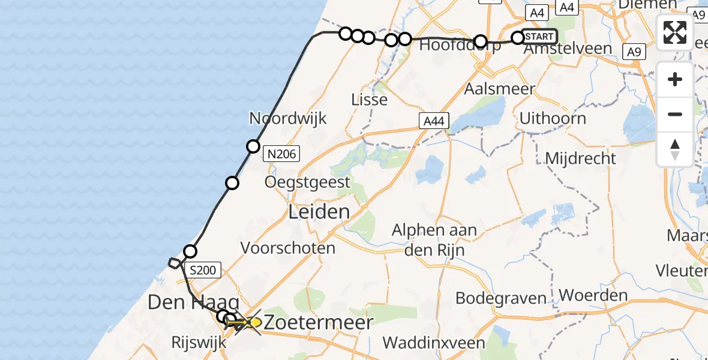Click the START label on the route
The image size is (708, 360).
(539, 37)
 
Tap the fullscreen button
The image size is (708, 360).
(675, 32)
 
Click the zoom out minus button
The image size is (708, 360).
(675, 114)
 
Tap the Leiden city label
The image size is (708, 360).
(319, 211)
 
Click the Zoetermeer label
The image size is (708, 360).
(319, 322)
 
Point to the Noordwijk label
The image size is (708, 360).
(288, 118)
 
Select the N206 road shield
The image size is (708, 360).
(281, 155)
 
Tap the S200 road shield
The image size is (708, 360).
(203, 271)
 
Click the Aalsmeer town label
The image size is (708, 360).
(491, 89)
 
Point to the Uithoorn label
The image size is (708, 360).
(553, 118)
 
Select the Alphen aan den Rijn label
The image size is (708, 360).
(434, 239)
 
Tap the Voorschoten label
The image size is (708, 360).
(288, 247)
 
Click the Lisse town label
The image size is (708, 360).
(369, 99)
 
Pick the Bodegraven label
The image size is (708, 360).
(501, 298)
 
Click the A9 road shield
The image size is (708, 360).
(634, 52)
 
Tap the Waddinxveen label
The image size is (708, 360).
(434, 343)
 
